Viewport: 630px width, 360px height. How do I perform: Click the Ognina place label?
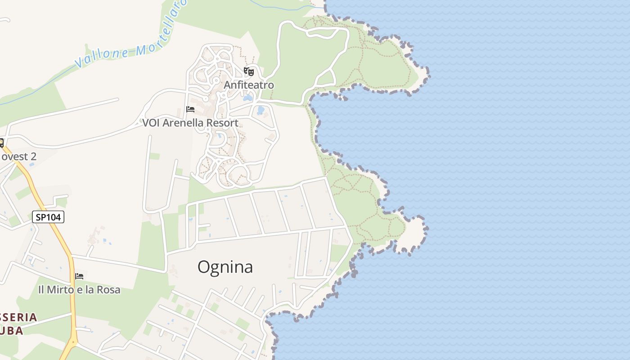pos(225,267)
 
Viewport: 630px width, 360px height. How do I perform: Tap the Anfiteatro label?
pos(249,85)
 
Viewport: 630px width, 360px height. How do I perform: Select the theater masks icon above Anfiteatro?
pos(248,71)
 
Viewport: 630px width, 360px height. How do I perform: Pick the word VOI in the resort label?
pos(151,123)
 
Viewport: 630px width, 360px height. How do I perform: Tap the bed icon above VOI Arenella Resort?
pos(190,109)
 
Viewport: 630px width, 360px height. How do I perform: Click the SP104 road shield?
pos(48,217)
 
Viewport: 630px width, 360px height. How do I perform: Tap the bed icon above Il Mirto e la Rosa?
pos(79,276)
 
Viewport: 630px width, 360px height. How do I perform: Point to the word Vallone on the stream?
pos(101,57)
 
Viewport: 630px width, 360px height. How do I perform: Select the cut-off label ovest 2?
pos(18,157)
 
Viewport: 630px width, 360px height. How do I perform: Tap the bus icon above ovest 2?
pos(1,143)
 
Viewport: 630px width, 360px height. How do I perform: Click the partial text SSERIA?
pos(18,317)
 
